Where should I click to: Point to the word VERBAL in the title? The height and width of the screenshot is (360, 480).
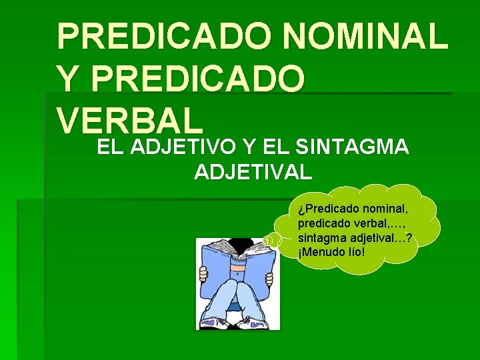pos(129,120)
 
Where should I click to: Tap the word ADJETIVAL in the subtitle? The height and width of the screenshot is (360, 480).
pos(253,172)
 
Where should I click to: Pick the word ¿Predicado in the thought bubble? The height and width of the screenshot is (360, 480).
pos(327,210)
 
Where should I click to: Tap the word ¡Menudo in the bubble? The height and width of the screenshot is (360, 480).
pos(322,252)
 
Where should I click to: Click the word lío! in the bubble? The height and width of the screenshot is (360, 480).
pos(356,252)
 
